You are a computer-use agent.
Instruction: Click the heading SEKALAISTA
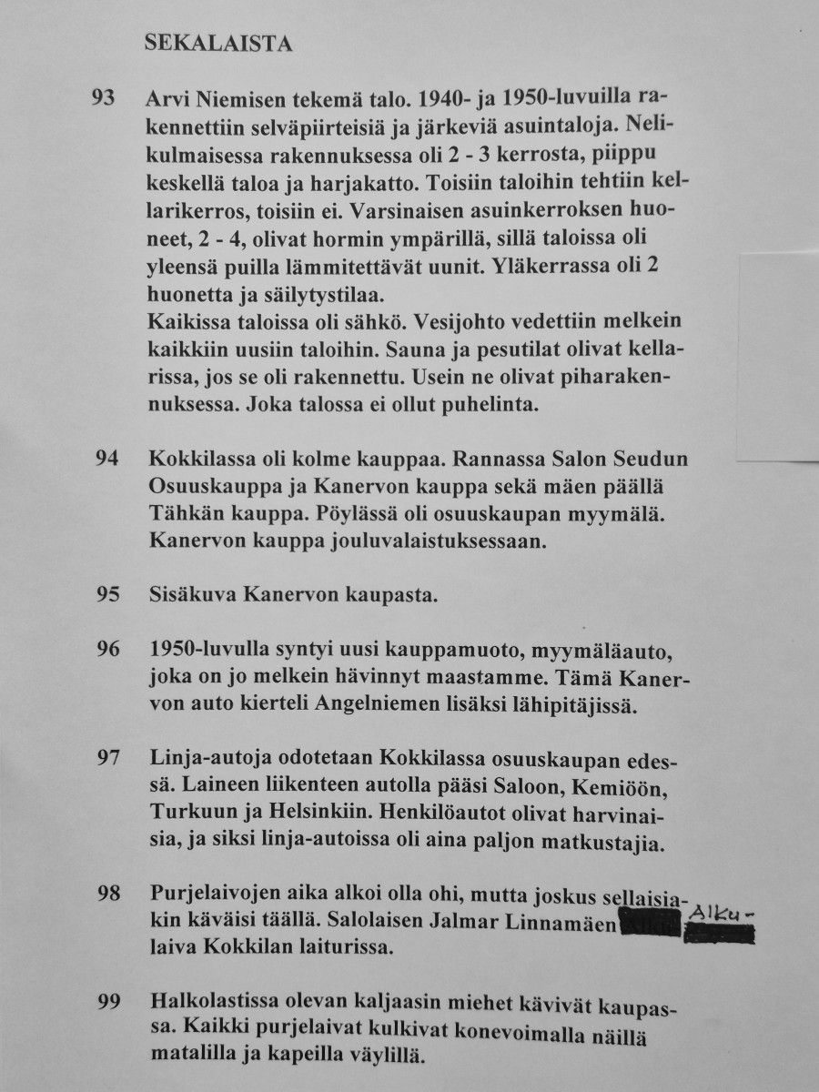click(218, 44)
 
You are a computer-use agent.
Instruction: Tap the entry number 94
click(107, 457)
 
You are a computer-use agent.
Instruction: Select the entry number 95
click(107, 596)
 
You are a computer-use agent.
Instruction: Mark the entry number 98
click(107, 893)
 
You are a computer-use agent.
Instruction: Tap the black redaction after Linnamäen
click(650, 925)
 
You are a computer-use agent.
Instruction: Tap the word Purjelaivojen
click(211, 893)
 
